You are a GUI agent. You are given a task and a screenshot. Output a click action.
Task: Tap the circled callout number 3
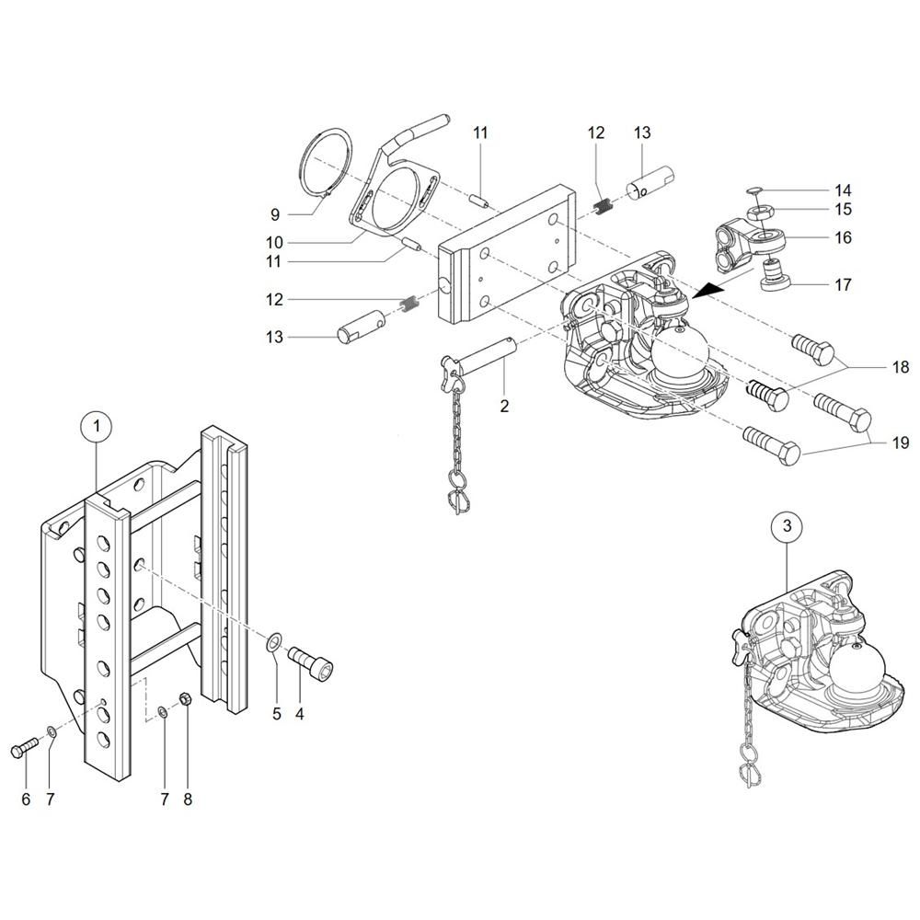click(x=786, y=526)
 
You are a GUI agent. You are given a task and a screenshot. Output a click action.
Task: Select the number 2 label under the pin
click(x=504, y=405)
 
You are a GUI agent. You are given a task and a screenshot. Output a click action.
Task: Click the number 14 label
click(x=843, y=190)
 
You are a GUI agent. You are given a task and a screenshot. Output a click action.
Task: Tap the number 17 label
click(x=843, y=284)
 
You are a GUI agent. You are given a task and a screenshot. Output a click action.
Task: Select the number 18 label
click(x=900, y=367)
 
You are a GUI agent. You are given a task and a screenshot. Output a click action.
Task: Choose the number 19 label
click(x=900, y=443)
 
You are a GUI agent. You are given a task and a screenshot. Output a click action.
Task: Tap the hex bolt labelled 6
click(x=22, y=751)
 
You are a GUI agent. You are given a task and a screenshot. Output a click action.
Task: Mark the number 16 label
click(x=843, y=237)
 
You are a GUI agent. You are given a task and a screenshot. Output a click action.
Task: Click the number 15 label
click(x=843, y=210)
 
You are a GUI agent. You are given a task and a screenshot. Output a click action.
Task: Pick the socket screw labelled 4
click(x=310, y=661)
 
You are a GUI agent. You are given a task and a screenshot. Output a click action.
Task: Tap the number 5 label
click(x=277, y=713)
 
